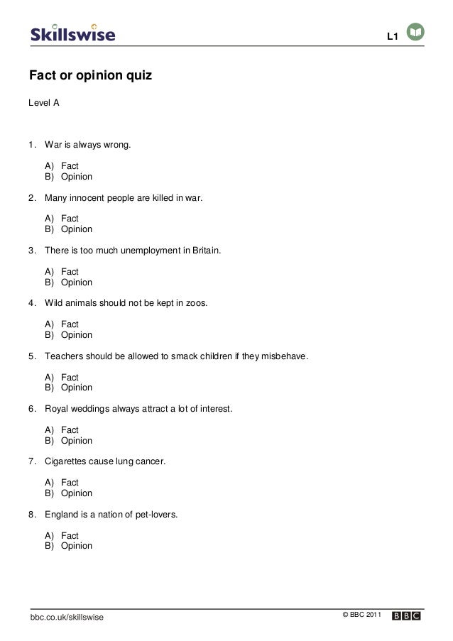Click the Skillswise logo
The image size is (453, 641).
(72, 33)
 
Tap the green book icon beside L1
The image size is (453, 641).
(415, 33)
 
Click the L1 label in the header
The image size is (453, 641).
(391, 36)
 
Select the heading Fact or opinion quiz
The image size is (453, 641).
(90, 75)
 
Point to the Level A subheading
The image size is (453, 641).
(43, 104)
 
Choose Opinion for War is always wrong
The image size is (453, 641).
(76, 177)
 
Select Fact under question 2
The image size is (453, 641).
(70, 219)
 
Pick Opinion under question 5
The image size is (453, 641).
(76, 388)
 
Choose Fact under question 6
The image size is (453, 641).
(70, 429)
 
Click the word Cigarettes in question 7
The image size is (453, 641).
(67, 461)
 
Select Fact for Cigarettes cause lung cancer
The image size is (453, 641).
(70, 483)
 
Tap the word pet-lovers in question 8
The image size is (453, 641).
(155, 514)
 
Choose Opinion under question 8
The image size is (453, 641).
(76, 546)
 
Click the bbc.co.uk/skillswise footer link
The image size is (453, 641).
(67, 618)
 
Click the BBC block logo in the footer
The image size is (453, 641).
(406, 615)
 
